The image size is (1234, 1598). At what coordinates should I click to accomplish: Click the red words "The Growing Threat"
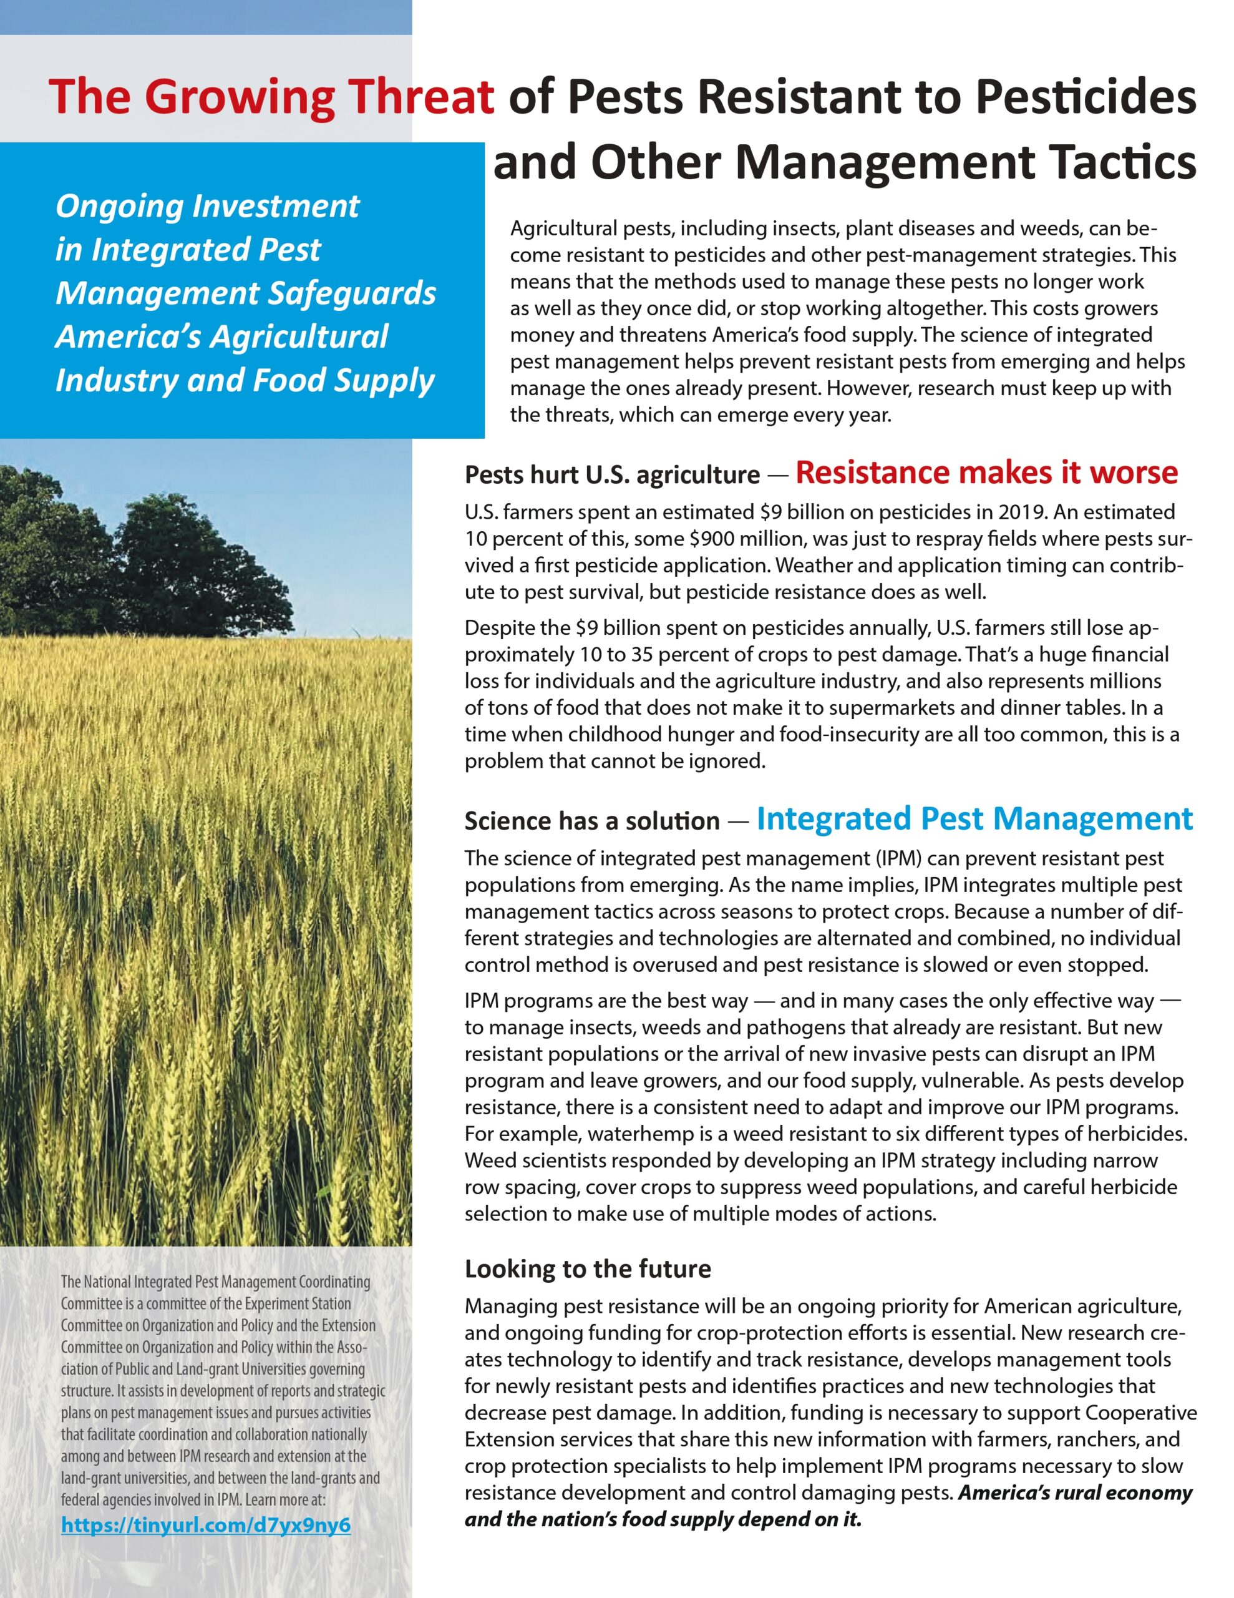[x=271, y=97]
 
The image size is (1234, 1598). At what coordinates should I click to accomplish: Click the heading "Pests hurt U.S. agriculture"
[x=612, y=475]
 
